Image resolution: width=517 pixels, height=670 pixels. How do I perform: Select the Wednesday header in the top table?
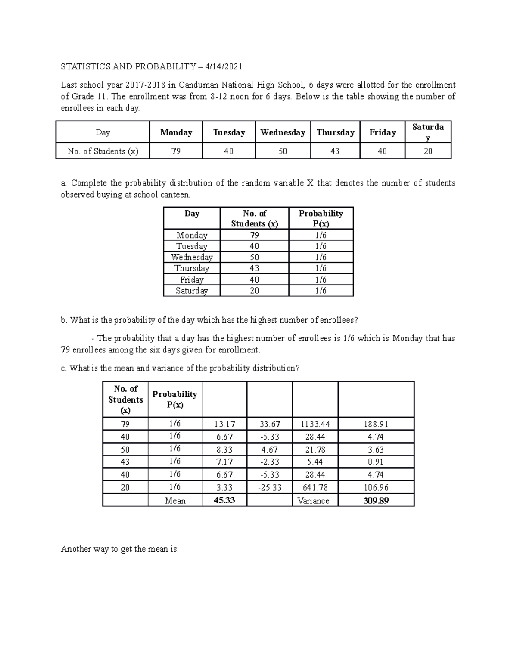point(283,132)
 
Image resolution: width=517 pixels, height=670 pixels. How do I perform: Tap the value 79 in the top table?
point(176,151)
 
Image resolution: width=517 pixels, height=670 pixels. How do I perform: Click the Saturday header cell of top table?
point(428,132)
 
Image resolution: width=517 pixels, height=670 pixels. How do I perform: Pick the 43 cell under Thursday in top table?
point(335,151)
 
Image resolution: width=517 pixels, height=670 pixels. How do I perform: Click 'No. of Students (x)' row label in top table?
point(103,151)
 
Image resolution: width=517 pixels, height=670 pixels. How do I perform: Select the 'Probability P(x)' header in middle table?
point(321,218)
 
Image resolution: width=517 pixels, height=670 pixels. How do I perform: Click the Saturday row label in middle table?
point(192,291)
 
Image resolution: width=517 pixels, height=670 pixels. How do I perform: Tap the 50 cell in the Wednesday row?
point(254,257)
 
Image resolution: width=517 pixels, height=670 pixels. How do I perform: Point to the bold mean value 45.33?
point(224,500)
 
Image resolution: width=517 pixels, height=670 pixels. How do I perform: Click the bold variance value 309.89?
point(376,500)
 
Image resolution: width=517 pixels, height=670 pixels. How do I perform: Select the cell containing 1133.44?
point(315,424)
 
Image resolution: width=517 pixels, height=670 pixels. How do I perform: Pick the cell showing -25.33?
point(269,488)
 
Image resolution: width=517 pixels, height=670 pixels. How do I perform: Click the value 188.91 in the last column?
point(376,424)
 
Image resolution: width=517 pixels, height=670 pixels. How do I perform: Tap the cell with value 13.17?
point(224,424)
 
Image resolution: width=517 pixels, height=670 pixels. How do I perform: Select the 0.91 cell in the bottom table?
point(376,462)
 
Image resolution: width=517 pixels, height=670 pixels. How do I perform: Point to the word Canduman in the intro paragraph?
point(199,85)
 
